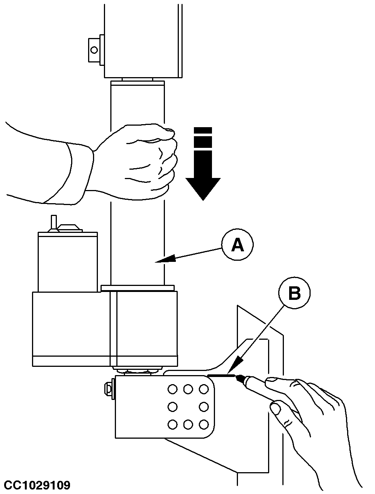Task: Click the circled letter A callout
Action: click(x=237, y=245)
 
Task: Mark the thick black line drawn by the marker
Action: click(x=221, y=375)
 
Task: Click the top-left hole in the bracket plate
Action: click(x=172, y=389)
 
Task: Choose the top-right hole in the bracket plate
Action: click(x=204, y=389)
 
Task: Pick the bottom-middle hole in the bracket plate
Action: click(x=188, y=424)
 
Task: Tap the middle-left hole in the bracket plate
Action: click(x=172, y=407)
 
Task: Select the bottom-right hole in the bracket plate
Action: click(x=204, y=424)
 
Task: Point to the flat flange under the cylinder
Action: click(x=138, y=288)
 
